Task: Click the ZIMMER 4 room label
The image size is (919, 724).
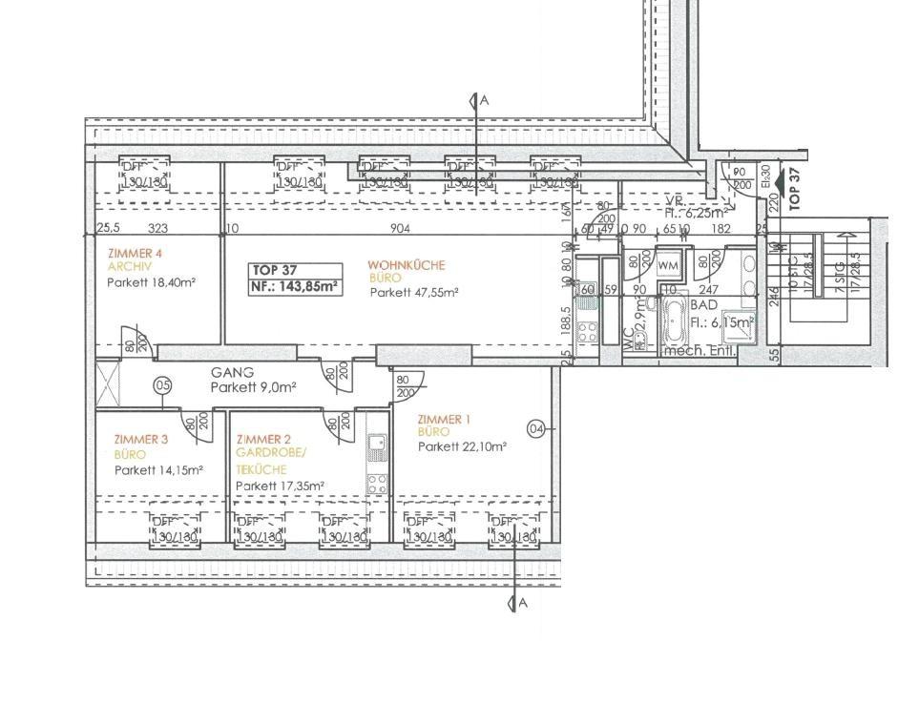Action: coord(135,253)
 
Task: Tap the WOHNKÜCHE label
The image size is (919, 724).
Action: coord(407,265)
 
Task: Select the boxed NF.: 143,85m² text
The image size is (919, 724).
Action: coord(295,285)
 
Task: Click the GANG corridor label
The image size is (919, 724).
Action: coord(233,373)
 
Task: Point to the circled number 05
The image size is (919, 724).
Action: coord(163,385)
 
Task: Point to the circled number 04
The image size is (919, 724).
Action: coord(536,429)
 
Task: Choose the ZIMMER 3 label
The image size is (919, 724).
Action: coord(140,439)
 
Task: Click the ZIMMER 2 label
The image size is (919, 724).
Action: coord(263,439)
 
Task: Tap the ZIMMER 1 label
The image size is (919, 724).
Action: coord(445,419)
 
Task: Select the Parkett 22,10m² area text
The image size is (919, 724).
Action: coord(462,446)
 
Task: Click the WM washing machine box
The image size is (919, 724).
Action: coord(668,265)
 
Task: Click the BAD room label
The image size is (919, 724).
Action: coord(704,305)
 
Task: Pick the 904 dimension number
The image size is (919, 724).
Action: coord(401,229)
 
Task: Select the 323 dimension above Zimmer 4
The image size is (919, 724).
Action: coord(158,229)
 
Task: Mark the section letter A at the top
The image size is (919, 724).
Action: coord(484,100)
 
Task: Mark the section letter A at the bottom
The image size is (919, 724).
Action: coord(523,603)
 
